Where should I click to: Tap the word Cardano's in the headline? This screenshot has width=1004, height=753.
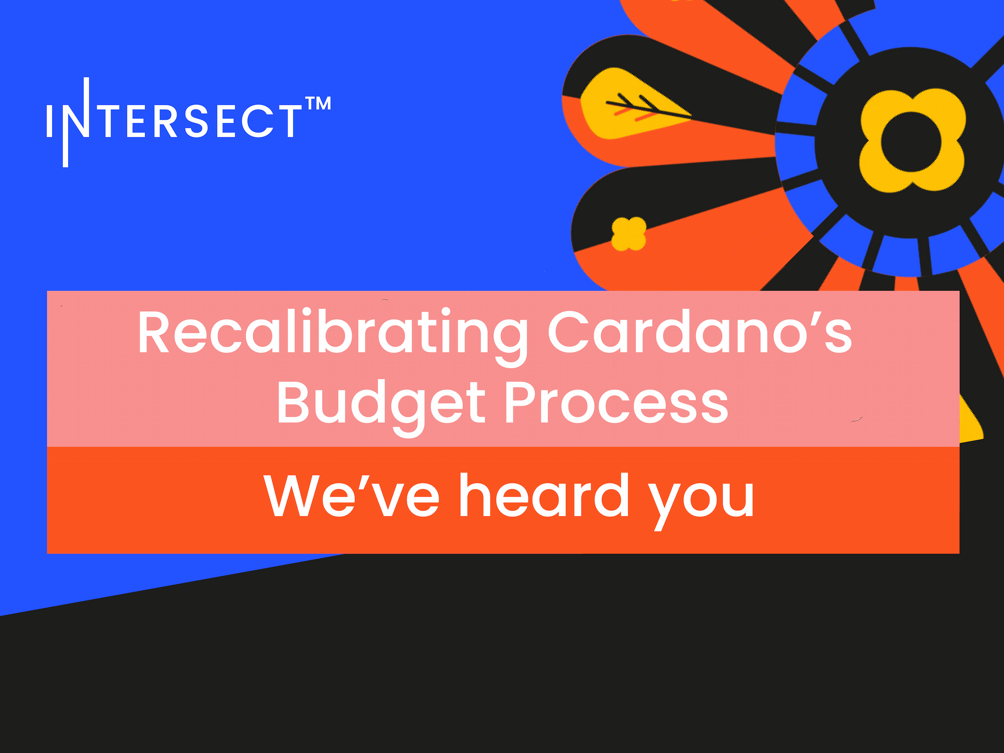700,331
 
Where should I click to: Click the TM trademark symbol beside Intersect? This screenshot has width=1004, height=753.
318,103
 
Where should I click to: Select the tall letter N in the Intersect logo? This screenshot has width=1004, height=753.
76,122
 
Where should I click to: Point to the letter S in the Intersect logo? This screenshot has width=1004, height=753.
197,121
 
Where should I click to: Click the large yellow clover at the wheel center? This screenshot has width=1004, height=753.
911,141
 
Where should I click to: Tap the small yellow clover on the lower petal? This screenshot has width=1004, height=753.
629,234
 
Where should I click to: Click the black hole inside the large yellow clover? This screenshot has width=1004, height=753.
911,142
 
